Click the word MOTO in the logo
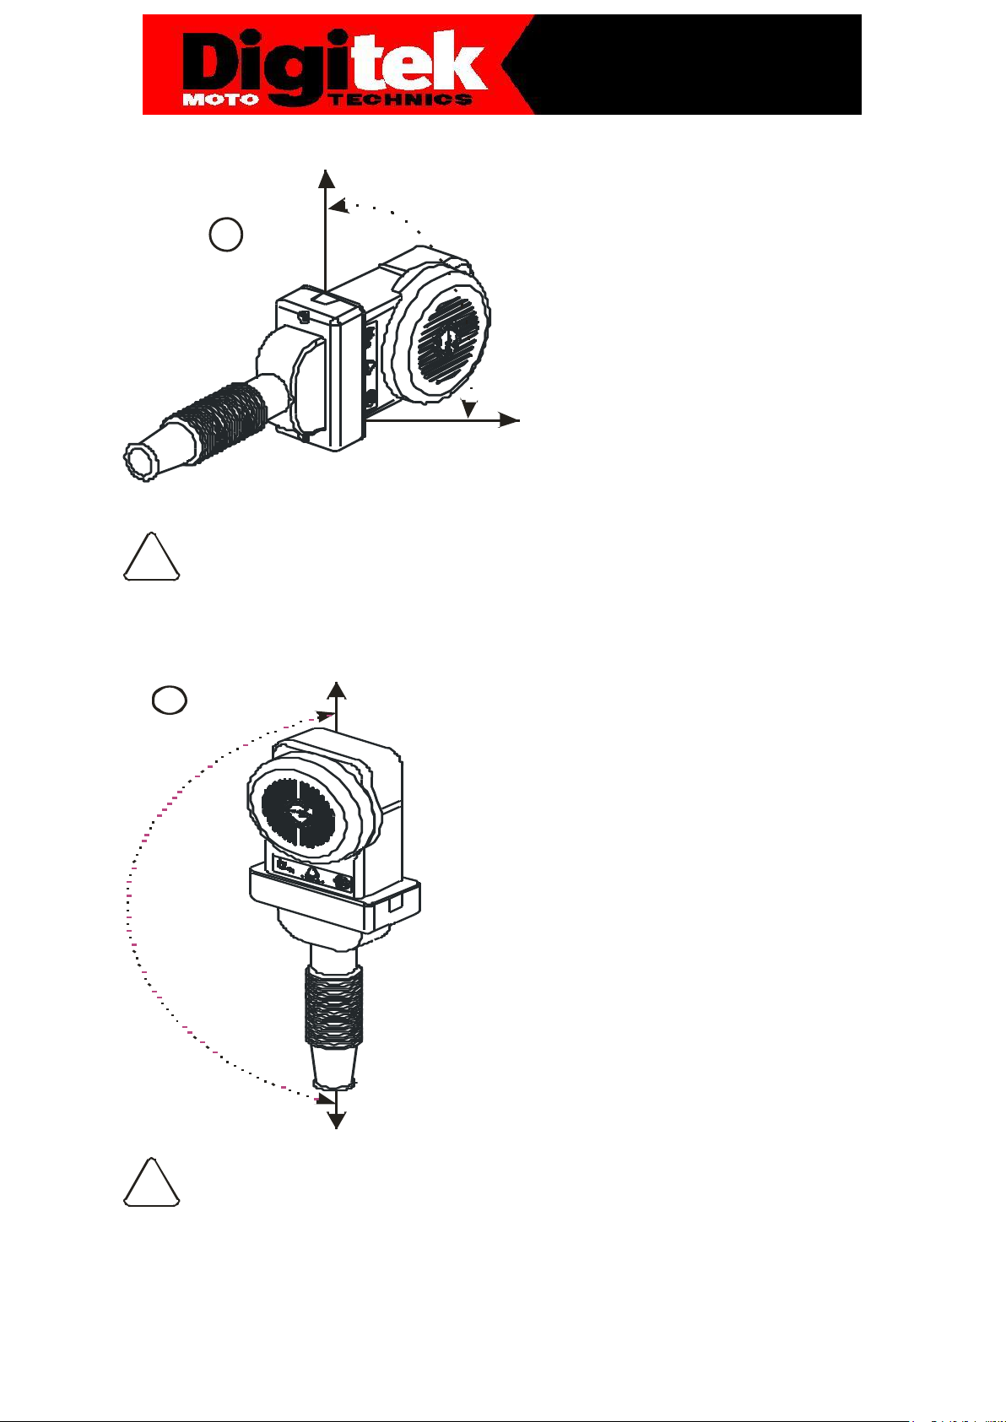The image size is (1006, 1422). click(221, 100)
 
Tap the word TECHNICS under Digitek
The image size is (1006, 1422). click(402, 100)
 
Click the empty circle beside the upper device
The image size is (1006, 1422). click(226, 235)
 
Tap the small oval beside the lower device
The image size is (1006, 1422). click(170, 700)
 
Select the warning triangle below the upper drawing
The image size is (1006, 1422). click(151, 557)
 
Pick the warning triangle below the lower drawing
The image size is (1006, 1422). click(151, 1182)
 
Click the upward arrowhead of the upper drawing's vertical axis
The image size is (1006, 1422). click(326, 179)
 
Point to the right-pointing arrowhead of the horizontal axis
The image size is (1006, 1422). click(510, 420)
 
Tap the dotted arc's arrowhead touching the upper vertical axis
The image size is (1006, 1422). click(338, 206)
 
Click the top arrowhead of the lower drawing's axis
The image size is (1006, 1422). click(336, 691)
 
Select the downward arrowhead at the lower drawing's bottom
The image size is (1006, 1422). click(336, 1121)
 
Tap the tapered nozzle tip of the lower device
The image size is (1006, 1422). click(333, 1068)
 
